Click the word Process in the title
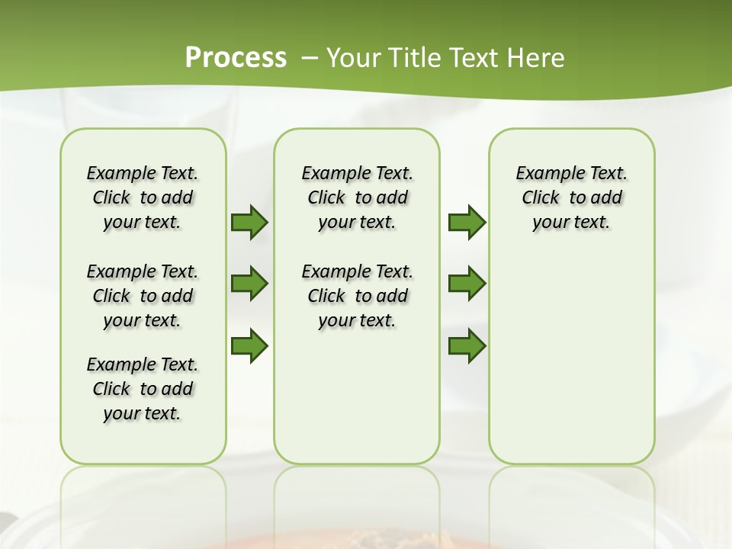click(236, 57)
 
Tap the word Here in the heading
click(537, 58)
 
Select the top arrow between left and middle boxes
click(249, 223)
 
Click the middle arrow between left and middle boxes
click(249, 284)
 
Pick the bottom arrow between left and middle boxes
click(249, 345)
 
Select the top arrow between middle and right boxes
click(467, 223)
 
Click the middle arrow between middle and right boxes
click(467, 284)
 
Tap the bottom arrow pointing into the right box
click(467, 345)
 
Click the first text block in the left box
click(143, 197)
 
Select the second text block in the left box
click(143, 296)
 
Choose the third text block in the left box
click(143, 389)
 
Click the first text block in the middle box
click(357, 197)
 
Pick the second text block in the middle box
click(357, 296)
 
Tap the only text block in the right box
click(571, 197)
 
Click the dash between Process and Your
click(310, 59)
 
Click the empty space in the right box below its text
click(571, 351)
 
